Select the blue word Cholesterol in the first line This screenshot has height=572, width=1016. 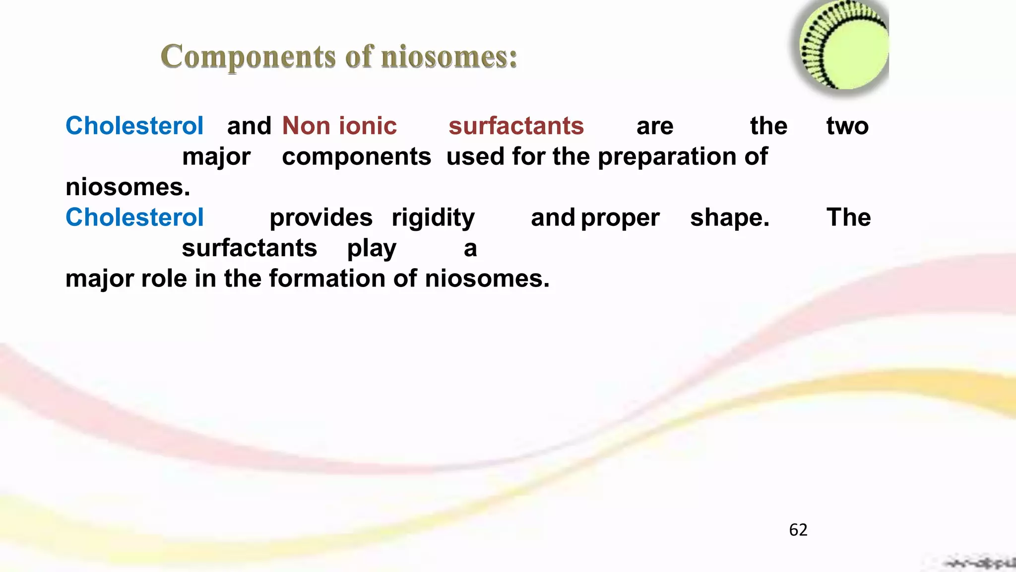pyautogui.click(x=134, y=126)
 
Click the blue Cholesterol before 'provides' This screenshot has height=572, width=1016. pyautogui.click(x=134, y=217)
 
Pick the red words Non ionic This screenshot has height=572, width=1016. pyautogui.click(x=339, y=126)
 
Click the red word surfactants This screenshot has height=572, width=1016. pyautogui.click(x=516, y=126)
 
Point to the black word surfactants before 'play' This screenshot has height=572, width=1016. pyautogui.click(x=249, y=248)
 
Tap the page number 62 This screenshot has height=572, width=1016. pyautogui.click(x=798, y=530)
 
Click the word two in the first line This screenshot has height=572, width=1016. pyautogui.click(x=847, y=126)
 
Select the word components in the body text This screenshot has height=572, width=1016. pyautogui.click(x=356, y=157)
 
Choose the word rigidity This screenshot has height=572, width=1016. pyautogui.click(x=433, y=218)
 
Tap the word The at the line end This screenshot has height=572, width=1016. pyautogui.click(x=848, y=217)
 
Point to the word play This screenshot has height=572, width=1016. pyautogui.click(x=371, y=248)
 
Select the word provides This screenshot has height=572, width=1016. pyautogui.click(x=321, y=218)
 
